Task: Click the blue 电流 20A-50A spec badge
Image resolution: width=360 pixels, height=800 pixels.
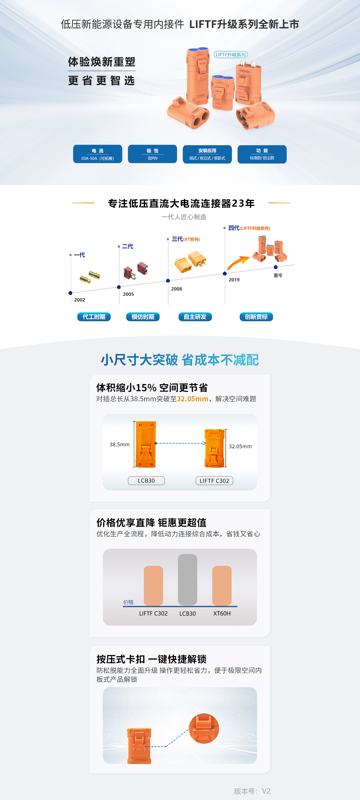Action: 97,154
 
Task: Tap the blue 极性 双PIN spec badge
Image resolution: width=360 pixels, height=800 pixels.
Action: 152,154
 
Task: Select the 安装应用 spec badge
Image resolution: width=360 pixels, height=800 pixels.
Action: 207,154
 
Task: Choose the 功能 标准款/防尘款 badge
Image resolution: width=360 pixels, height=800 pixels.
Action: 262,154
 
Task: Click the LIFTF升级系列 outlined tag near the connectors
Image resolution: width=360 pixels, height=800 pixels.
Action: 230,55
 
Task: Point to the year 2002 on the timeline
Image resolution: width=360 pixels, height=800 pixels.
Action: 79,300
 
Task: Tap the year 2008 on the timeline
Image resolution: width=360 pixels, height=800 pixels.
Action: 176,289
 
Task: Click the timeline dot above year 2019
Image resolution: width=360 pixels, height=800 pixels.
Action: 225,274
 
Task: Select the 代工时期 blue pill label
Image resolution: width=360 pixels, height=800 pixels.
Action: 94,317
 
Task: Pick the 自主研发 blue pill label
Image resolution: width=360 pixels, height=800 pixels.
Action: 195,317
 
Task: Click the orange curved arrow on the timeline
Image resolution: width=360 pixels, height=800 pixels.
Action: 238,262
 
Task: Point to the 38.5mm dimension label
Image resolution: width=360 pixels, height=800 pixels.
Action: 120,444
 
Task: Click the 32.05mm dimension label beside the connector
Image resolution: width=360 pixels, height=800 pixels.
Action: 240,446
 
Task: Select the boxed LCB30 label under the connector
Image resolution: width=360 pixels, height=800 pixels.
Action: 146,481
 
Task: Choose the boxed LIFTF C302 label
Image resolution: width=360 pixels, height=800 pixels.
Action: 214,481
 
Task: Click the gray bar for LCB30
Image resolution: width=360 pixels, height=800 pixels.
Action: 187,579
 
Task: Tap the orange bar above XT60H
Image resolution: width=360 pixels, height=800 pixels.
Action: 222,585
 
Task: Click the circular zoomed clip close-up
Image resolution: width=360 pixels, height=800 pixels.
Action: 204,729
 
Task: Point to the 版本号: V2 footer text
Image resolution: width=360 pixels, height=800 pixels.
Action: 252,791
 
